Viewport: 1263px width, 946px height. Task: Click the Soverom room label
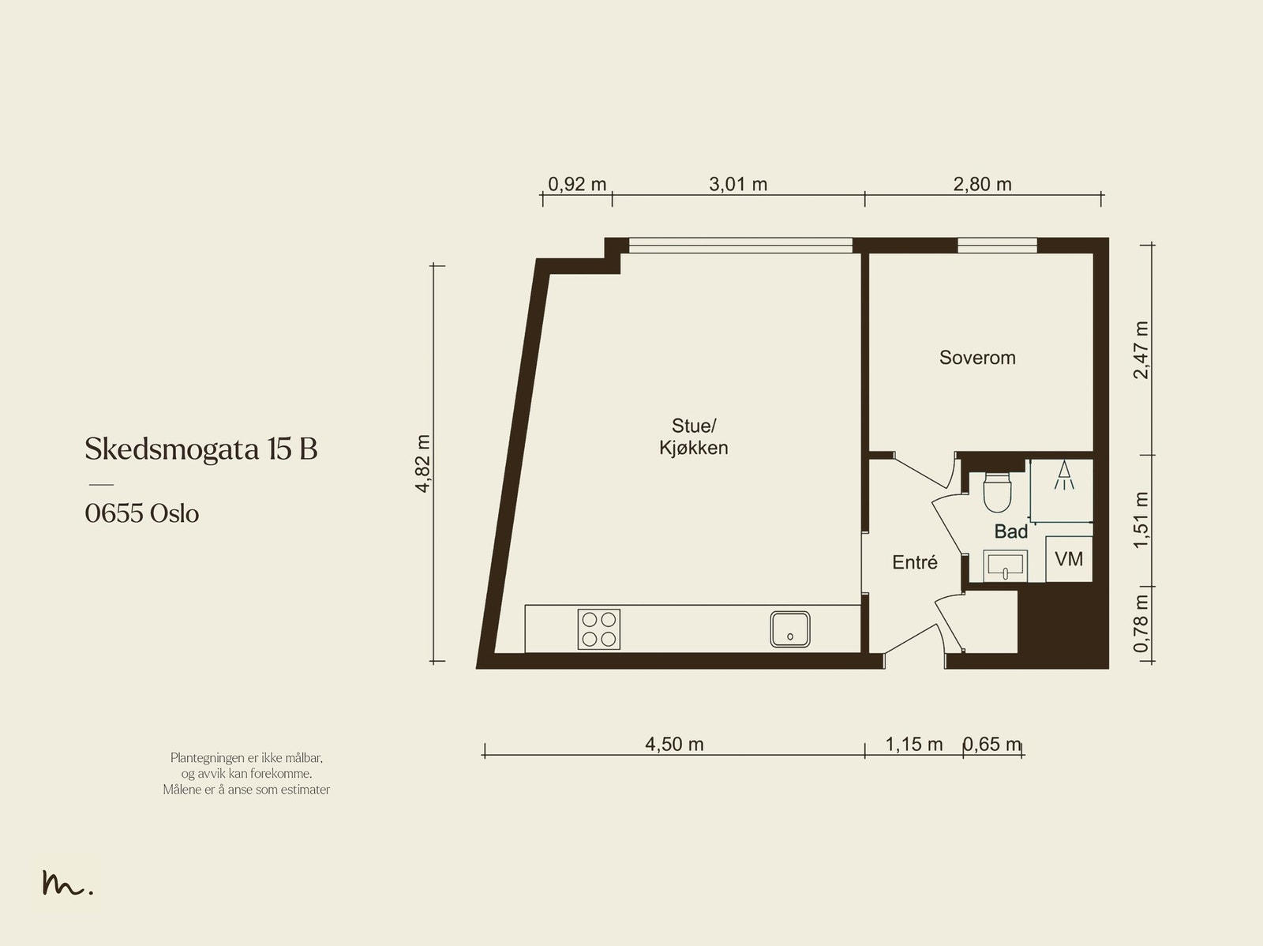pos(977,358)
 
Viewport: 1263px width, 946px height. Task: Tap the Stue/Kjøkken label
pos(693,437)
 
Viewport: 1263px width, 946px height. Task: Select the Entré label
pos(914,562)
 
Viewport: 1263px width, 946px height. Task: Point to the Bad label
pos(1011,531)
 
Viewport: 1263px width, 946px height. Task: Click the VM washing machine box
pos(1069,559)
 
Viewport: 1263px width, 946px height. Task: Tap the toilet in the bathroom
pos(997,493)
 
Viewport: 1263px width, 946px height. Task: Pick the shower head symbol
pos(1064,475)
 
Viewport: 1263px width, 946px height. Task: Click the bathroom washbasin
pos(1005,565)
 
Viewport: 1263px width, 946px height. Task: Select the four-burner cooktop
pos(599,629)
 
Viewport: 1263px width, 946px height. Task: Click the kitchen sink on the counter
pos(790,629)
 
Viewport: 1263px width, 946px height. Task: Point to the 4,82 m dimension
pos(422,464)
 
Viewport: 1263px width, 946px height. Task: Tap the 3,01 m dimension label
pos(737,184)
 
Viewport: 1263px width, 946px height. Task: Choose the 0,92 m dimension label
pos(576,184)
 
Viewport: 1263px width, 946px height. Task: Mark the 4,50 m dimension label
pos(674,744)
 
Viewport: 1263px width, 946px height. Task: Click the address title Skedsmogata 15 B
pos(201,449)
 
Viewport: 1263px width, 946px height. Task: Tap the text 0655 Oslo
pos(141,513)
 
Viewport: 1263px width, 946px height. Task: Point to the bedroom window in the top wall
pos(997,245)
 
